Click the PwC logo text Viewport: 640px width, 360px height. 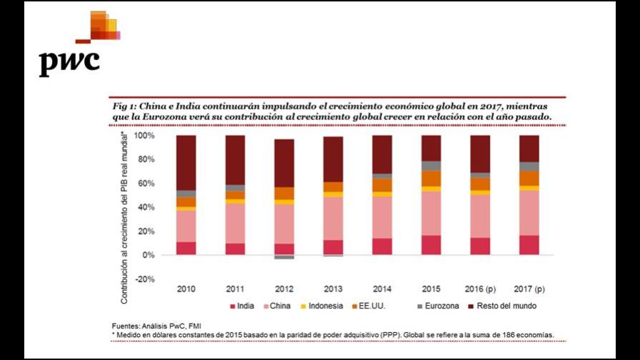coord(69,62)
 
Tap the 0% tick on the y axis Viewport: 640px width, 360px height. coord(149,255)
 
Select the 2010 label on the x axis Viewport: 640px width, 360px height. coord(186,289)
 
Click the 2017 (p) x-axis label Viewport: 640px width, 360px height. coord(529,289)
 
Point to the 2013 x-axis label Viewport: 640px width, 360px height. coord(333,289)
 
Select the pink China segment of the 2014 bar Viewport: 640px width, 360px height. coord(382,217)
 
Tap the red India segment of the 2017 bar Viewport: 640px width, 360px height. coord(529,245)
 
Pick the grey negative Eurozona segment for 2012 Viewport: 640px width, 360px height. coord(284,257)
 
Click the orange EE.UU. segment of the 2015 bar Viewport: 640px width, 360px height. coord(431,178)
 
